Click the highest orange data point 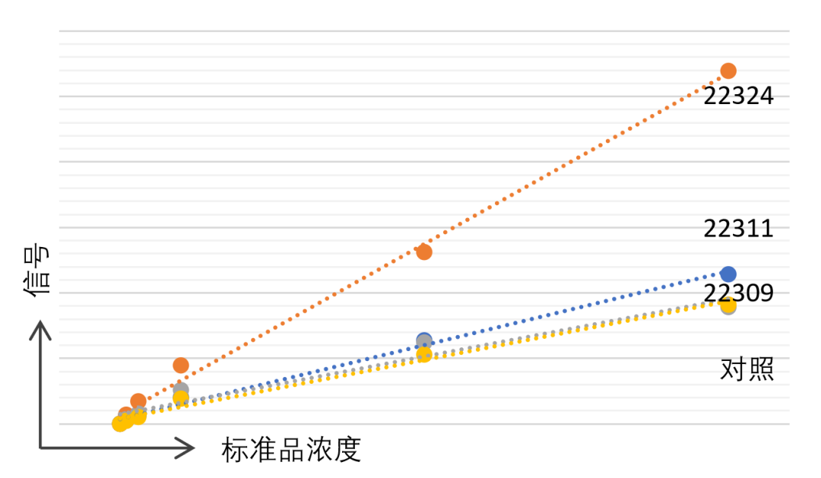(728, 71)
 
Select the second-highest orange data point (424, 252)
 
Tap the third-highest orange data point (181, 365)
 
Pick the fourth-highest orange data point (138, 401)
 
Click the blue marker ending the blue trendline (728, 274)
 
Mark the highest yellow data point (727, 304)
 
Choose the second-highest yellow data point (424, 354)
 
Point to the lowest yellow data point (120, 423)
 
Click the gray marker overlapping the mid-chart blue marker (424, 343)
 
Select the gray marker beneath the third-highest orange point (181, 390)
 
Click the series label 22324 (738, 96)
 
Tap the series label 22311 (738, 229)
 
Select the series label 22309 (738, 293)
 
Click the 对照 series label (747, 369)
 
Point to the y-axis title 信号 (36, 270)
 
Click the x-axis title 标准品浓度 (291, 450)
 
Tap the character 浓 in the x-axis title (319, 450)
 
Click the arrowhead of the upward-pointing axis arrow (40, 330)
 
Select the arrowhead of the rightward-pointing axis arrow (185, 448)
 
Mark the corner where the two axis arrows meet (40, 448)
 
